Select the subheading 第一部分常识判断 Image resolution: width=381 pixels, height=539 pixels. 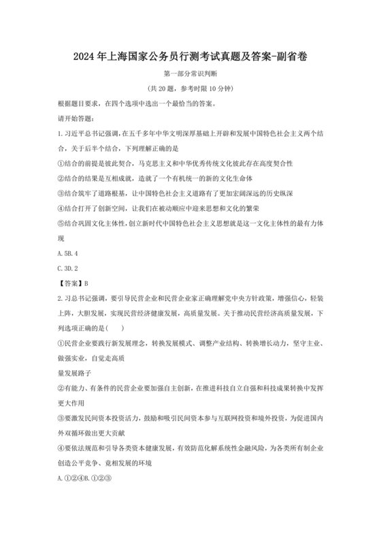click(190, 74)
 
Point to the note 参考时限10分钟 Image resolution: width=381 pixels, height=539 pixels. click(204, 89)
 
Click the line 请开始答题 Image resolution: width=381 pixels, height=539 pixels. click(76, 119)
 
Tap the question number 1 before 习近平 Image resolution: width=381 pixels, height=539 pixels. click(60, 134)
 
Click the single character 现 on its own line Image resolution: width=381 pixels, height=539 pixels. click(61, 238)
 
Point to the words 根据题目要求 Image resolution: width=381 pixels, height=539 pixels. click(78, 104)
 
